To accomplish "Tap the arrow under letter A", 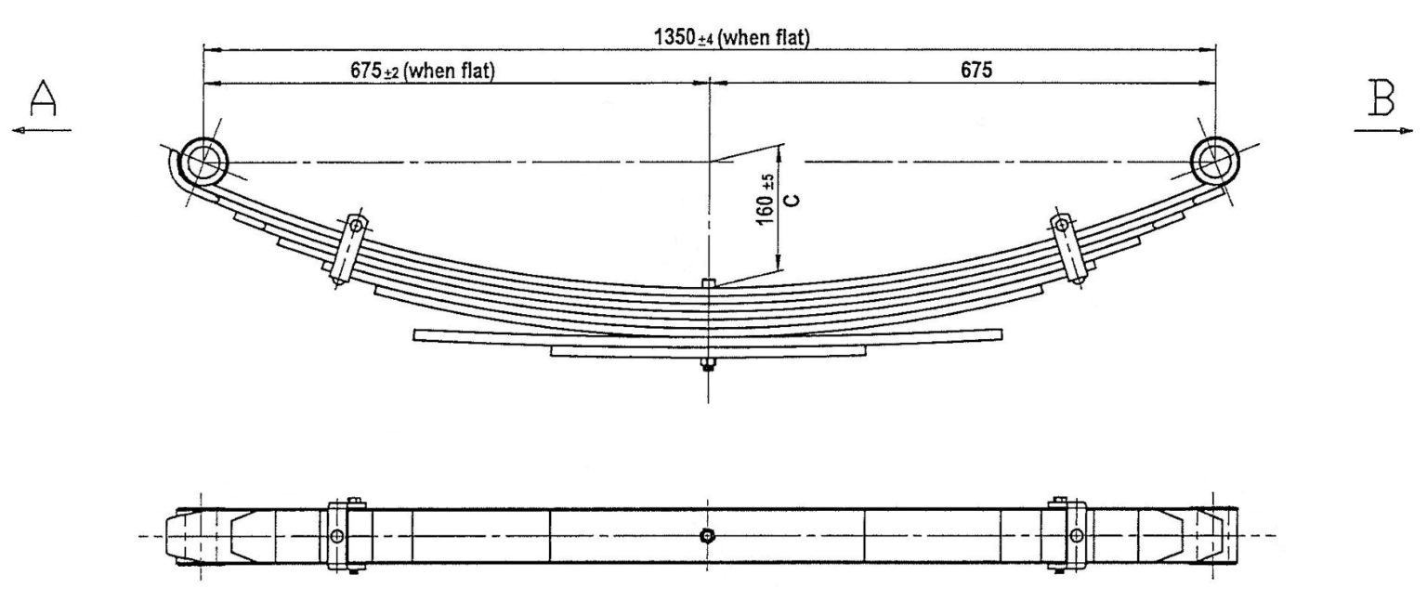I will click(41, 131).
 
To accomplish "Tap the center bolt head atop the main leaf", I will click(708, 283).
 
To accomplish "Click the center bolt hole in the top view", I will click(708, 536).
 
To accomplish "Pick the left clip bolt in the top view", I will click(337, 536).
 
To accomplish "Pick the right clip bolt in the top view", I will click(1076, 536).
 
